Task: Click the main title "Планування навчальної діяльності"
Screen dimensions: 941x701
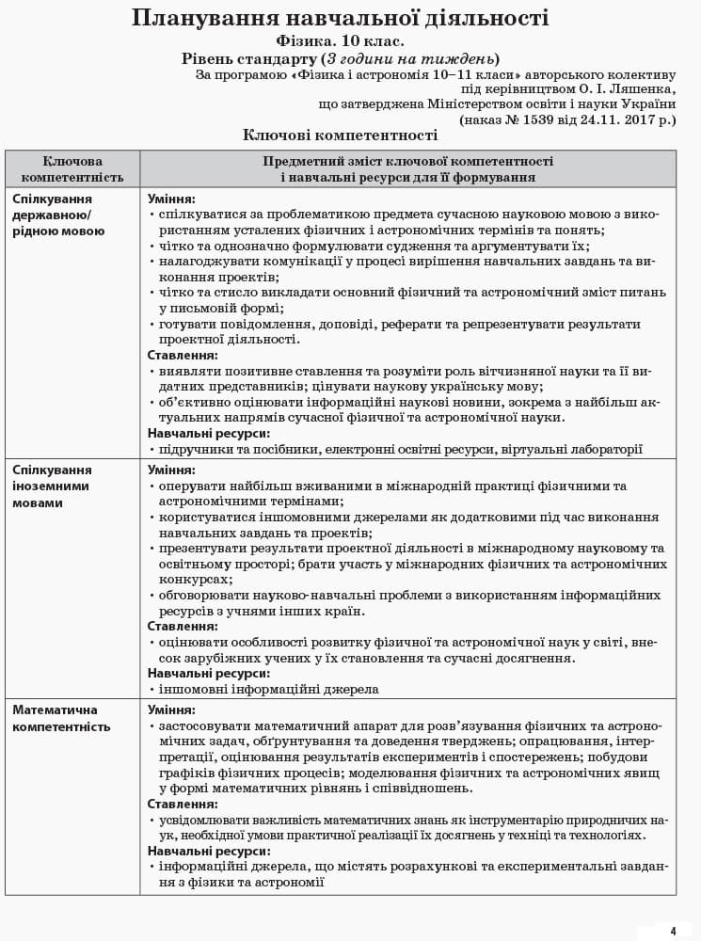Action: pyautogui.click(x=340, y=18)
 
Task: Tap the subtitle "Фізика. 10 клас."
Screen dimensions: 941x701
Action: pyautogui.click(x=340, y=41)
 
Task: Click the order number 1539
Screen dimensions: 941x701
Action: pyautogui.click(x=524, y=120)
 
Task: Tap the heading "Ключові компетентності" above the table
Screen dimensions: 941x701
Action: pyautogui.click(x=340, y=136)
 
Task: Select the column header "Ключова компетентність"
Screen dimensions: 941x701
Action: pyautogui.click(x=72, y=169)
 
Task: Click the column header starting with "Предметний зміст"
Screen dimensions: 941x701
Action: pyautogui.click(x=407, y=169)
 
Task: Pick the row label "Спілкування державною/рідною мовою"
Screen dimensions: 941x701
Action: pyautogui.click(x=58, y=215)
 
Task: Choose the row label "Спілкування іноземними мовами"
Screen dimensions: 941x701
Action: pyautogui.click(x=52, y=486)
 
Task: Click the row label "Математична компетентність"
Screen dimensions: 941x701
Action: pyautogui.click(x=61, y=718)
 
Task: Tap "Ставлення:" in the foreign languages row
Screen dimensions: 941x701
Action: pyautogui.click(x=183, y=626)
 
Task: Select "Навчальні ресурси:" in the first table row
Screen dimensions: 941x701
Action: pyautogui.click(x=208, y=433)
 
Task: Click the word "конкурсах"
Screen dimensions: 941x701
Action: pyautogui.click(x=195, y=580)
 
